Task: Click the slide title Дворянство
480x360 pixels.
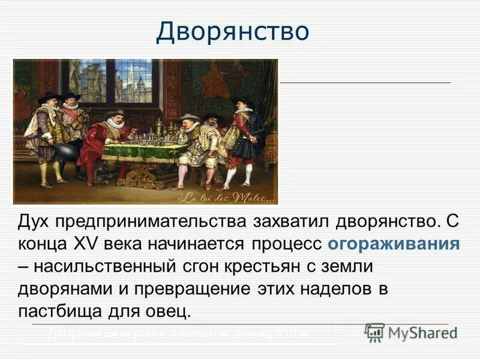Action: pos(233,32)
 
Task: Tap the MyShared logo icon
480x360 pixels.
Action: pos(374,332)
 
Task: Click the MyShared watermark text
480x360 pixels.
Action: pos(423,332)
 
